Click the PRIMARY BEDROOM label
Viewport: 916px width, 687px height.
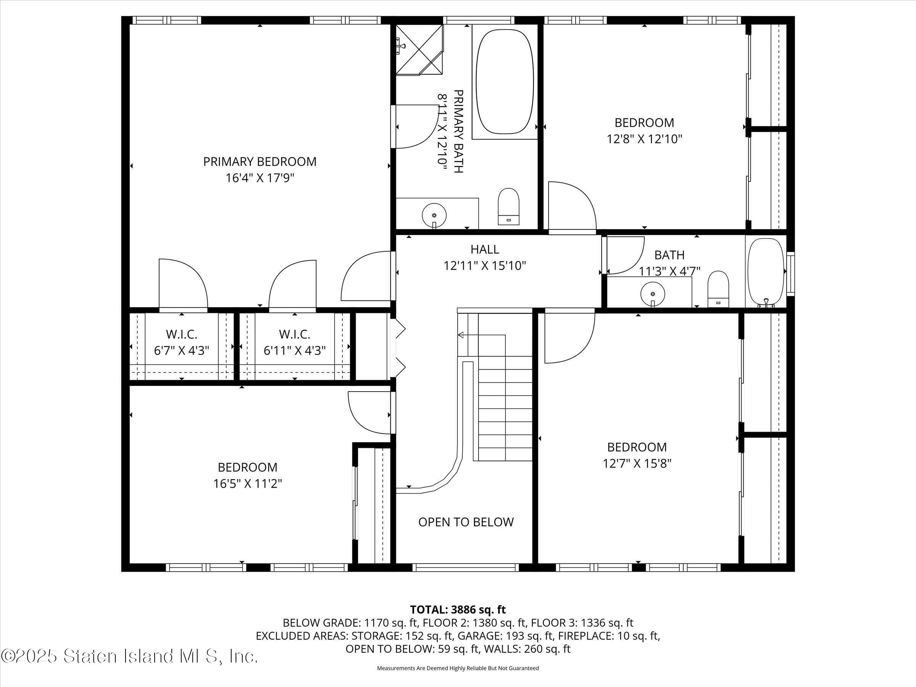click(x=260, y=161)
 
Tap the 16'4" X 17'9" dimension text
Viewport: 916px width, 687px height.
click(x=260, y=178)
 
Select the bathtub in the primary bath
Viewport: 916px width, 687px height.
click(x=505, y=82)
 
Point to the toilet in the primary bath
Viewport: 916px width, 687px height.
click(x=508, y=206)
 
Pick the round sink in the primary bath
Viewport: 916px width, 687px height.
click(x=434, y=215)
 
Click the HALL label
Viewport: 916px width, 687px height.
click(x=484, y=249)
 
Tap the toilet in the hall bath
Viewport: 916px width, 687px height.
click(x=718, y=289)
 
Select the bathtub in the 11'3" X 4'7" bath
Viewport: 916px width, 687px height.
click(x=766, y=272)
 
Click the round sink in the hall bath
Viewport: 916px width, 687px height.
click(x=653, y=294)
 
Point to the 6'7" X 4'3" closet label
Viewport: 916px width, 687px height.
click(x=181, y=351)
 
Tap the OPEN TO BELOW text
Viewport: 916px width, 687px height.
click(x=466, y=522)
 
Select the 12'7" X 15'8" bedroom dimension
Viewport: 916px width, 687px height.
click(x=637, y=463)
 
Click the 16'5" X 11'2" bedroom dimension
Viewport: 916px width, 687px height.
click(x=247, y=484)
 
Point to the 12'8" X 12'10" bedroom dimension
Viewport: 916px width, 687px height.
click(x=644, y=139)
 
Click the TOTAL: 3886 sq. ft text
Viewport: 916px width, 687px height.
click(x=458, y=610)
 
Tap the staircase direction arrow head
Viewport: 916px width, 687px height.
click(x=460, y=335)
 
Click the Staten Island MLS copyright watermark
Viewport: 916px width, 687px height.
click(x=129, y=656)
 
